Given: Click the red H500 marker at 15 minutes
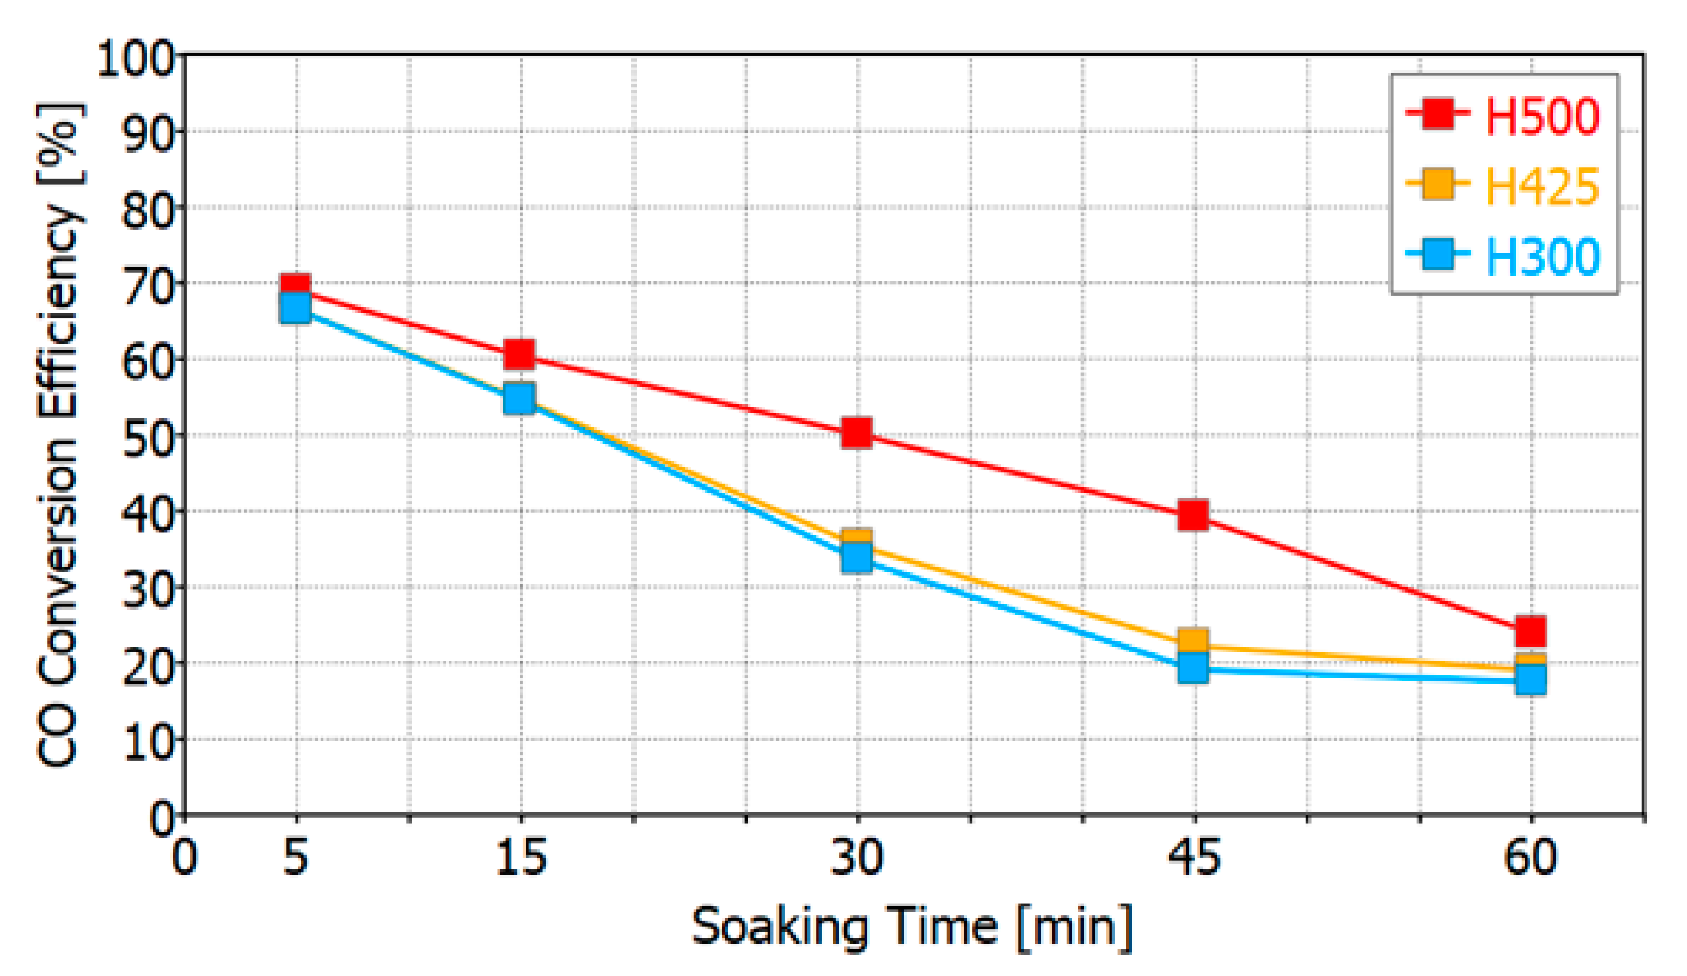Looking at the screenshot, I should pyautogui.click(x=520, y=353).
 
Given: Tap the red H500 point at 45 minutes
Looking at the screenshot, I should pyautogui.click(x=1193, y=515).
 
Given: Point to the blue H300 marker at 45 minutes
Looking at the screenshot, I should pyautogui.click(x=1193, y=668).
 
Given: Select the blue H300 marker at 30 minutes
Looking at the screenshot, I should pyautogui.click(x=857, y=557).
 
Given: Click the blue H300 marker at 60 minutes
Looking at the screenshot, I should pyautogui.click(x=1531, y=680).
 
